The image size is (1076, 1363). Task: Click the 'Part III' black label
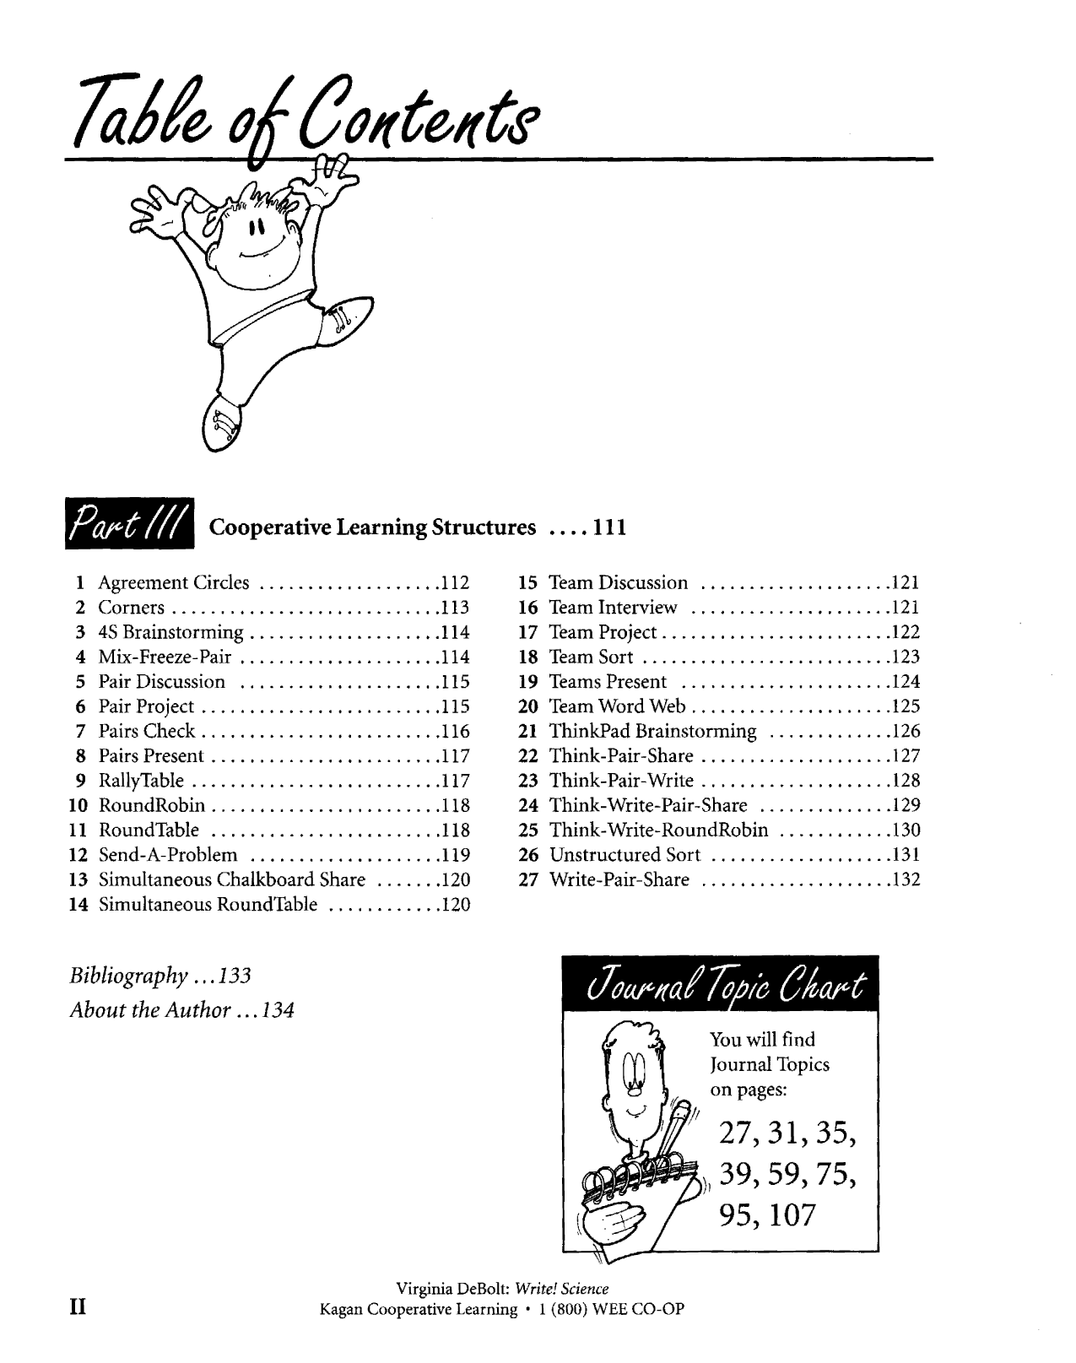coord(130,523)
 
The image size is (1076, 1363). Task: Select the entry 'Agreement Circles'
coord(174,582)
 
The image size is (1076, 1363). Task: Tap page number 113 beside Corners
coord(456,608)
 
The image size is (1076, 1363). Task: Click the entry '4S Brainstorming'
coord(170,633)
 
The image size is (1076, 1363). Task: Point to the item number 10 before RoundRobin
coord(78,806)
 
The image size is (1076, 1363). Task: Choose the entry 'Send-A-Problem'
coord(168,855)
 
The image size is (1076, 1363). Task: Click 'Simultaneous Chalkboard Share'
coord(232,879)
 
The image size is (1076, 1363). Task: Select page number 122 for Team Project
coord(906,632)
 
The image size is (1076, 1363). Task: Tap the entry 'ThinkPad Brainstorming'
coord(652,732)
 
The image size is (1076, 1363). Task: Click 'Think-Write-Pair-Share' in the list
coord(648,806)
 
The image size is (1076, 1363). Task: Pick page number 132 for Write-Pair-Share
coord(906,879)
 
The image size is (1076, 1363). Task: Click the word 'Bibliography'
coord(128,976)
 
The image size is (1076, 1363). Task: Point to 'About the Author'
coord(150,1010)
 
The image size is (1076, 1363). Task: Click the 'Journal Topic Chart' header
coord(720,983)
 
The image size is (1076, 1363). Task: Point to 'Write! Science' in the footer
coord(561,1288)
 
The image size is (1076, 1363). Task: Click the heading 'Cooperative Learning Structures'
coord(372,527)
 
